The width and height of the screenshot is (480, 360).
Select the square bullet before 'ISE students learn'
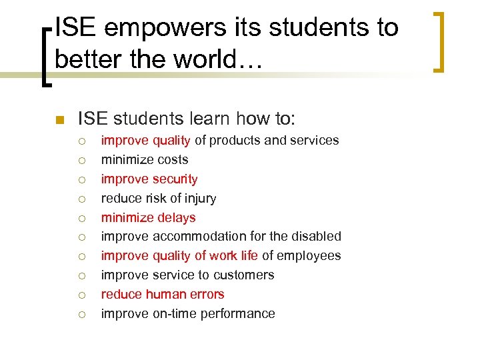click(59, 120)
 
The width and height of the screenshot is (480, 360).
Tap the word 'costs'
click(172, 160)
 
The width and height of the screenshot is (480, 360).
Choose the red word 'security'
click(175, 179)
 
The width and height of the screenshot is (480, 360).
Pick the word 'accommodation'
click(193, 237)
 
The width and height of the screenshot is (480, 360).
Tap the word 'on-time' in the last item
click(176, 314)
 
